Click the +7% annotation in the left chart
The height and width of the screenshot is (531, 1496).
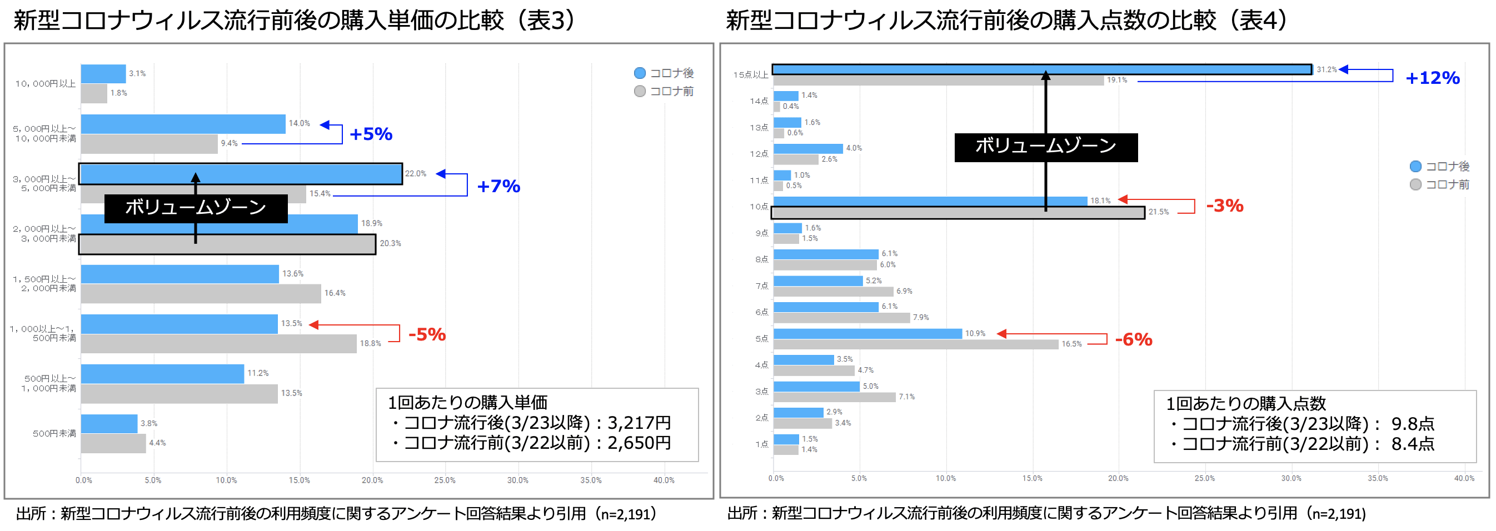pyautogui.click(x=498, y=186)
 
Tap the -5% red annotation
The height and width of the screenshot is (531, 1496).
pyautogui.click(x=427, y=335)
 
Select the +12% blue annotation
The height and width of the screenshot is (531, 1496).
pyautogui.click(x=1432, y=78)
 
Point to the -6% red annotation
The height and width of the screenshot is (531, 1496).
pyautogui.click(x=1133, y=339)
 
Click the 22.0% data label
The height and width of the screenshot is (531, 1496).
pyautogui.click(x=415, y=173)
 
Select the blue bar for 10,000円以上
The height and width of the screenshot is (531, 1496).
pyautogui.click(x=103, y=74)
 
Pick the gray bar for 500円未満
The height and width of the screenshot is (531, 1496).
pyautogui.click(x=113, y=443)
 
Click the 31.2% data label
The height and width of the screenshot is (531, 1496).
pyautogui.click(x=1326, y=69)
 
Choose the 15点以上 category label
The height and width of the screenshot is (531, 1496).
pyautogui.click(x=750, y=75)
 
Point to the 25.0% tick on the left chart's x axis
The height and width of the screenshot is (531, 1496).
pyautogui.click(x=445, y=480)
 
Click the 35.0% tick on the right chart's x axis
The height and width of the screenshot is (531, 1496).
pyautogui.click(x=1377, y=479)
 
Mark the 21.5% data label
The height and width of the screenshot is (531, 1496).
pyautogui.click(x=1158, y=212)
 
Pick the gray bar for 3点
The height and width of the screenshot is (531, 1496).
pyautogui.click(x=834, y=398)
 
